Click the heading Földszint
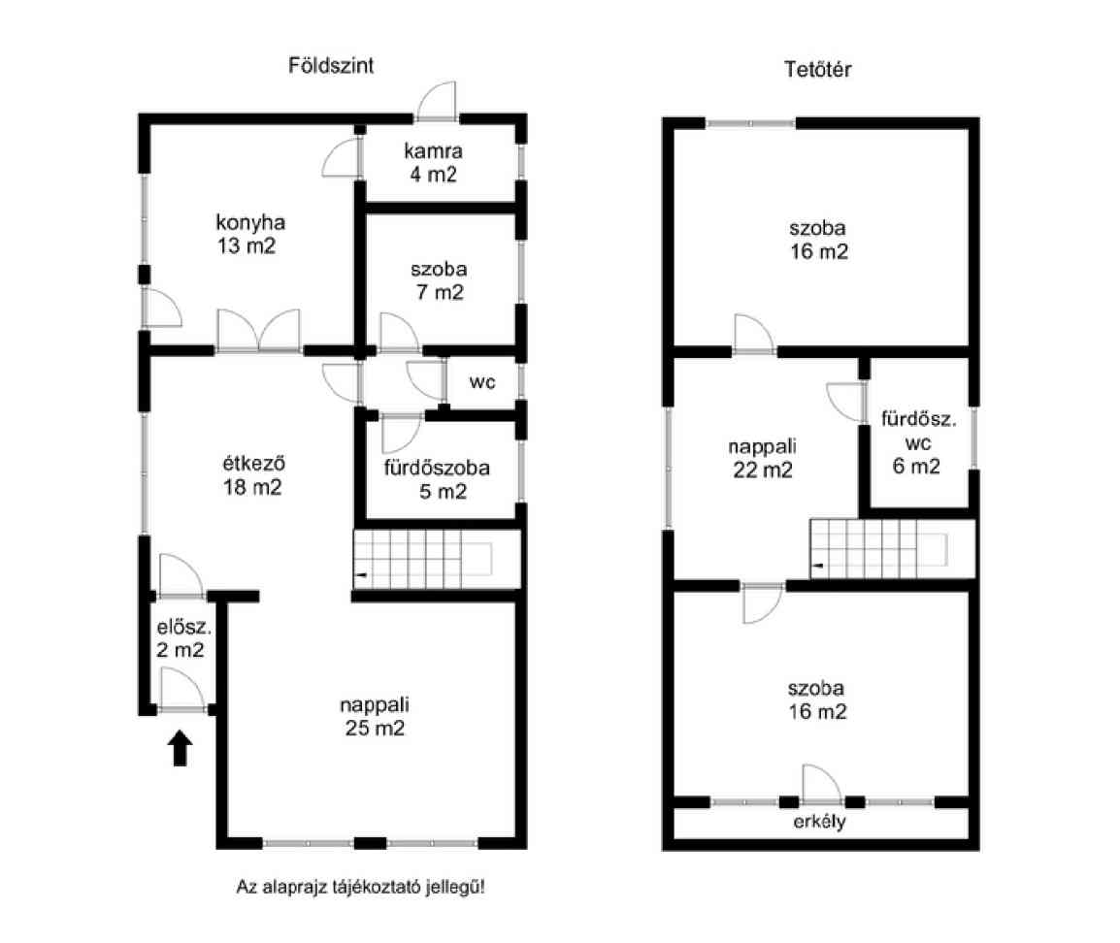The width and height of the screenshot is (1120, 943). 331,66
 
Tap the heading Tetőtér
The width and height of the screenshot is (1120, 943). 817,69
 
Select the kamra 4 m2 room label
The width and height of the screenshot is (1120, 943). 433,163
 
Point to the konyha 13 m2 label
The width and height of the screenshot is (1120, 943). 249,234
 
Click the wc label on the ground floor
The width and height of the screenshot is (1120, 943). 482,382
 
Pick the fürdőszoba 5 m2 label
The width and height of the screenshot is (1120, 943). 437,479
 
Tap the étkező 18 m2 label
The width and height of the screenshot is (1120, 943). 253,475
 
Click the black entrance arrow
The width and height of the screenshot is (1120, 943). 180,748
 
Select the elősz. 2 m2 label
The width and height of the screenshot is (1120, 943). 183,639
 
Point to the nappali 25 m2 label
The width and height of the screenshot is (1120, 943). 375,717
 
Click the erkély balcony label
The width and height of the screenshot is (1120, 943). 819,822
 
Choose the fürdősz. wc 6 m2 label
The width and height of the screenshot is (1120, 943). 918,442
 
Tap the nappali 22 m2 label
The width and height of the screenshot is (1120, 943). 762,458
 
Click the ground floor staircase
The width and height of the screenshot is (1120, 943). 437,559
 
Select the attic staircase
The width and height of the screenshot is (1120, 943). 892,549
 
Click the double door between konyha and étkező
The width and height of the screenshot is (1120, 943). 258,331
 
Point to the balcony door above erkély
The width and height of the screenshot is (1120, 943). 823,785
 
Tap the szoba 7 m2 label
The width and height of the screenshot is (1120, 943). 440,280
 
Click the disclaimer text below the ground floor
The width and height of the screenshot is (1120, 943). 361,888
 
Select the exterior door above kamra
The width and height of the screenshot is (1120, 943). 437,101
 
